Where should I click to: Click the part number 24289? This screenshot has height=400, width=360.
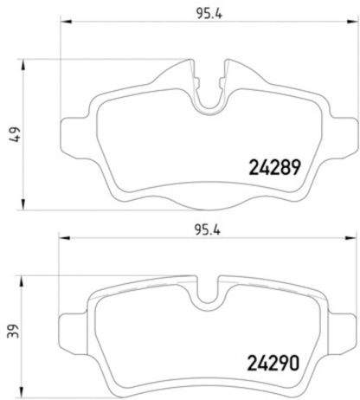point(275,170)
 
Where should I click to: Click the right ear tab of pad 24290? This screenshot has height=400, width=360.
point(341,329)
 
